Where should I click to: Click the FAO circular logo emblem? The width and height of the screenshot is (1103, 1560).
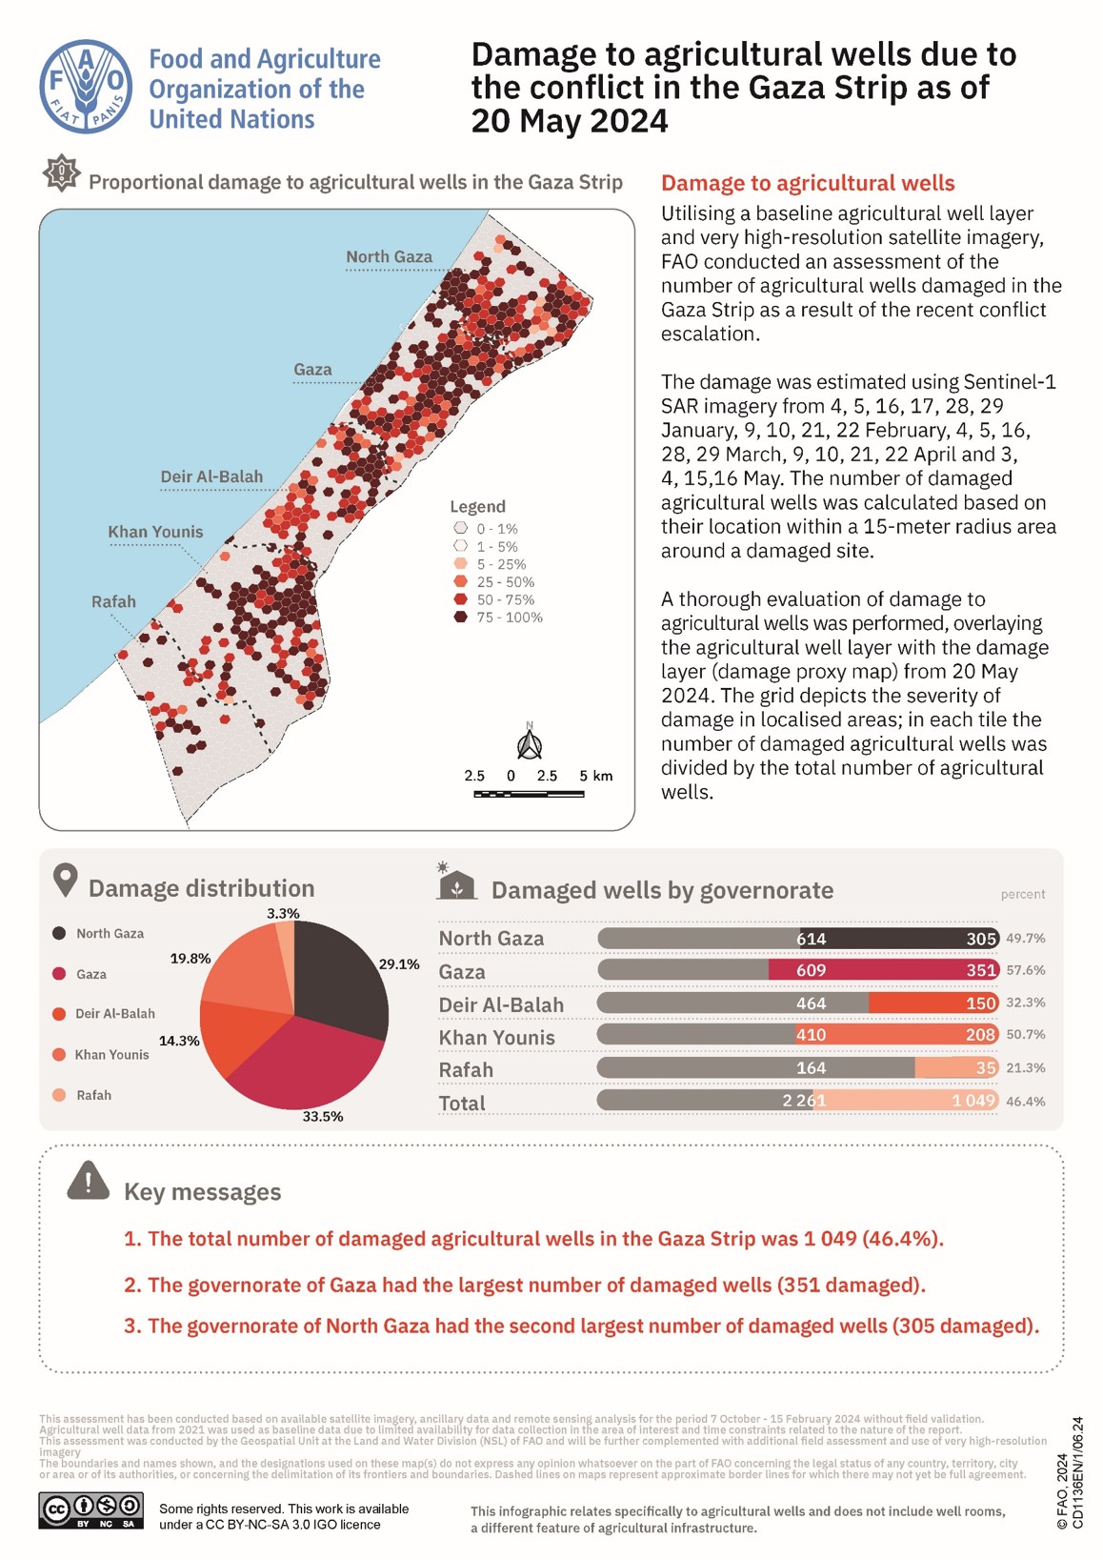coord(86,87)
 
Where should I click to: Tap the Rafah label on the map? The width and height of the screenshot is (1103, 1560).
coord(113,601)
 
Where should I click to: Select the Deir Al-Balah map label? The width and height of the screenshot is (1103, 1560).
coord(211,476)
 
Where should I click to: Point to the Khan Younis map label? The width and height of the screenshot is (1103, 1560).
coord(155,532)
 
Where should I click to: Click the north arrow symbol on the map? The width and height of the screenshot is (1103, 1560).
coord(530,743)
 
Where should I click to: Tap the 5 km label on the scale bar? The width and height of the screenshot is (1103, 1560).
coord(596,776)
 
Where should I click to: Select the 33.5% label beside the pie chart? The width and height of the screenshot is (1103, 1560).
coord(323,1116)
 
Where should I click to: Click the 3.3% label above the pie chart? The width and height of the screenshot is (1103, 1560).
coord(283,913)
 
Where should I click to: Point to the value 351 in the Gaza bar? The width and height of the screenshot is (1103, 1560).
coord(980,970)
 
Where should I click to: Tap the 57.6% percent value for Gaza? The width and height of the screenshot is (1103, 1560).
coord(1025,970)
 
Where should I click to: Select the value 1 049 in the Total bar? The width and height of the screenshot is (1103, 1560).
coord(973,1101)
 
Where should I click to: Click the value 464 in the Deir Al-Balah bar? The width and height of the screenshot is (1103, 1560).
coord(812,1003)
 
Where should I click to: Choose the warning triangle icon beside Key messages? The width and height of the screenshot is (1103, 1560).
coord(89,1181)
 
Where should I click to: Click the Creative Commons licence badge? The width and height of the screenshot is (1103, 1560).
coord(91,1510)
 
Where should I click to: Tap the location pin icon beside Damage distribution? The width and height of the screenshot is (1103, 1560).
coord(65,880)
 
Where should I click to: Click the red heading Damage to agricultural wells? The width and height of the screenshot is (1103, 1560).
coord(808,183)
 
